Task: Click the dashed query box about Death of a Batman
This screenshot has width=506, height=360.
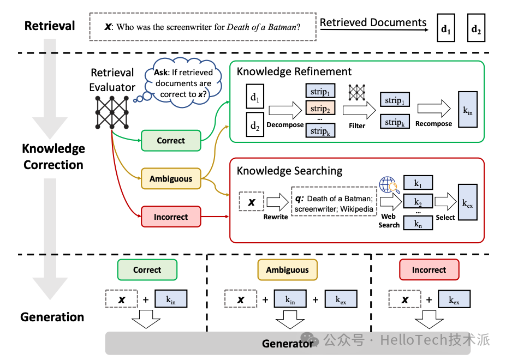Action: tap(203, 27)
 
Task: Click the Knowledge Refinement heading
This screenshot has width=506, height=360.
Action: tap(294, 71)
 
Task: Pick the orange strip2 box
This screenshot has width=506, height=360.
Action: tap(320, 108)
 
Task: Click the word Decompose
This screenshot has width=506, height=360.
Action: tap(285, 124)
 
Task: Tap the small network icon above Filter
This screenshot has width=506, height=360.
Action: tap(357, 92)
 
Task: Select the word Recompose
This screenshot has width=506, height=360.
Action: tap(433, 124)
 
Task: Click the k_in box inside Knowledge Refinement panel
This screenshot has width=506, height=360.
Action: tap(468, 110)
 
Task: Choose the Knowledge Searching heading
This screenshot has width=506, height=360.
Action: tap(289, 171)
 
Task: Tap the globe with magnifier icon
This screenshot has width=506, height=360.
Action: tap(388, 185)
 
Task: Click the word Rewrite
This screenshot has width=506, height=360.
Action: tap(275, 217)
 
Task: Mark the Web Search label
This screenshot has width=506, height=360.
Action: tap(389, 220)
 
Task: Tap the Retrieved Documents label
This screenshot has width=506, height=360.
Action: tap(373, 22)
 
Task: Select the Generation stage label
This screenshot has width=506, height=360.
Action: tap(52, 317)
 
